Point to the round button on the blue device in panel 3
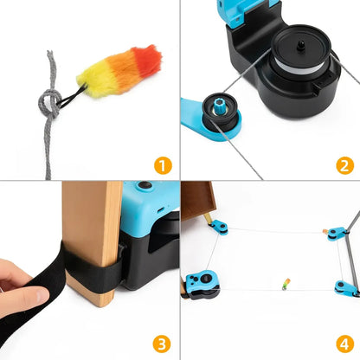click(x=142, y=186)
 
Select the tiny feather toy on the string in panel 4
click(x=286, y=282)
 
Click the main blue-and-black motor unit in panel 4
click(x=202, y=285)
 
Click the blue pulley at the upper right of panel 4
click(x=334, y=233)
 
